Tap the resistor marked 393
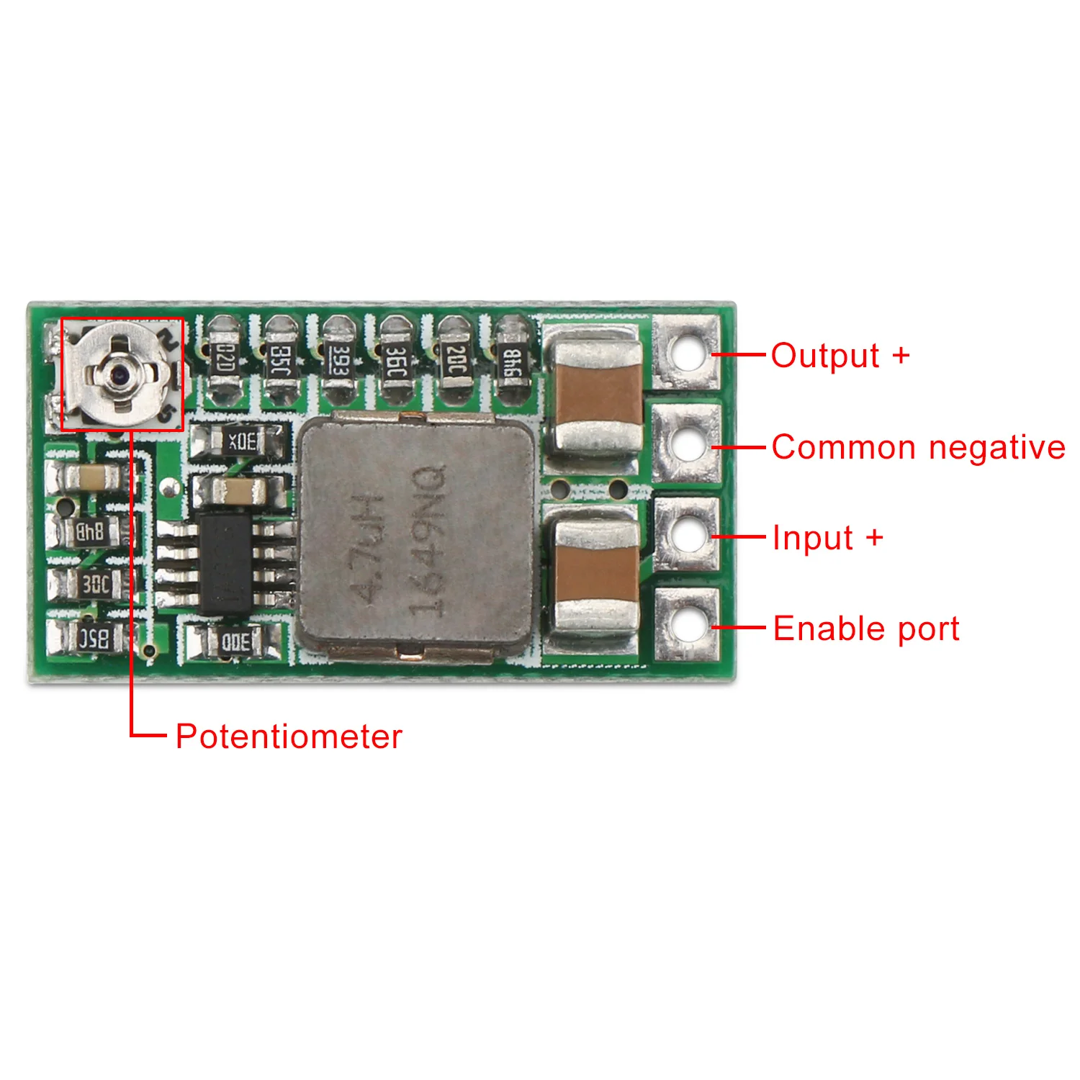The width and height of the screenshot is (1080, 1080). tap(338, 361)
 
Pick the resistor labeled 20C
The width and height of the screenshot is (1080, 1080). tap(456, 361)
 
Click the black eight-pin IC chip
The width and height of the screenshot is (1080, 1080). tap(225, 564)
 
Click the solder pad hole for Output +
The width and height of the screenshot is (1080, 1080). tap(685, 353)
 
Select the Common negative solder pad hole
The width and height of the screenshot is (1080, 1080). tap(685, 444)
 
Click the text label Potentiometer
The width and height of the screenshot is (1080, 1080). tap(289, 737)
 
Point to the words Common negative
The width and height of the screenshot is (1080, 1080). tap(918, 448)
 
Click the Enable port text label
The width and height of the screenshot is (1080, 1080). tap(866, 629)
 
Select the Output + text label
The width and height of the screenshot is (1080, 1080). tap(840, 356)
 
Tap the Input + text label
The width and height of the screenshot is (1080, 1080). tap(827, 539)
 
